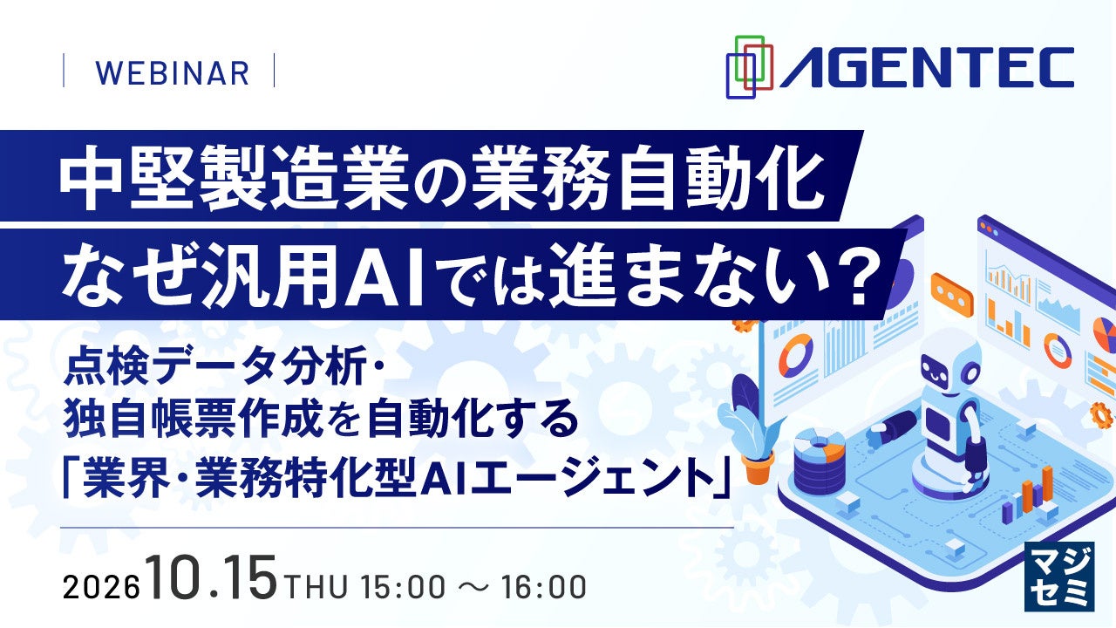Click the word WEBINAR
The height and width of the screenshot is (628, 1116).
pyautogui.click(x=172, y=74)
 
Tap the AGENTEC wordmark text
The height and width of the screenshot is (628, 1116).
pyautogui.click(x=927, y=68)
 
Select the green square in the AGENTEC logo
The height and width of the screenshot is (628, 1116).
pyautogui.click(x=750, y=58)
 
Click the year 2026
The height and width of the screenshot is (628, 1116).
pyautogui.click(x=100, y=588)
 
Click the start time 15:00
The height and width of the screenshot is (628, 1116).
pyautogui.click(x=404, y=587)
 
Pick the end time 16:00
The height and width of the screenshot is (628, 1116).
pyautogui.click(x=543, y=587)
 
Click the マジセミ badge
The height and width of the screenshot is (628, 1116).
pyautogui.click(x=1059, y=577)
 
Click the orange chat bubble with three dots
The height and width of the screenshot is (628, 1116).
pyautogui.click(x=952, y=295)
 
